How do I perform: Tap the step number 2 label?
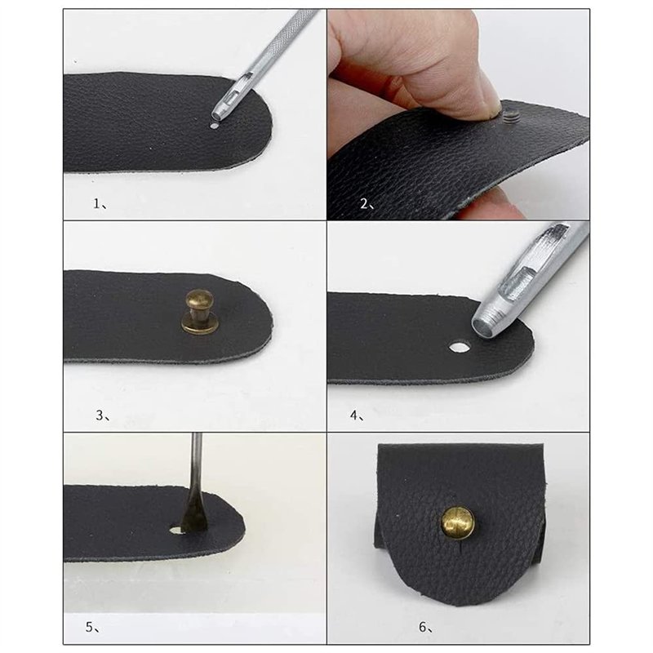point(366,203)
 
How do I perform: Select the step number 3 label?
point(103,415)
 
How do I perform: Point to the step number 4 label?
point(357,415)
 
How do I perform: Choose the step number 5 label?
point(92,627)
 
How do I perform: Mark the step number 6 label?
point(425,627)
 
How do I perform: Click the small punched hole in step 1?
point(214,126)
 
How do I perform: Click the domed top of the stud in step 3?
point(199,299)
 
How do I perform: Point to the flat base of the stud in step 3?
point(200,325)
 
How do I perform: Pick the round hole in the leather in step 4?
point(459,346)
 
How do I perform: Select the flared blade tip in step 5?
point(193,521)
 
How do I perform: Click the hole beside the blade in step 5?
point(176,530)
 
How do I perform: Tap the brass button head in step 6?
point(458,523)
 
